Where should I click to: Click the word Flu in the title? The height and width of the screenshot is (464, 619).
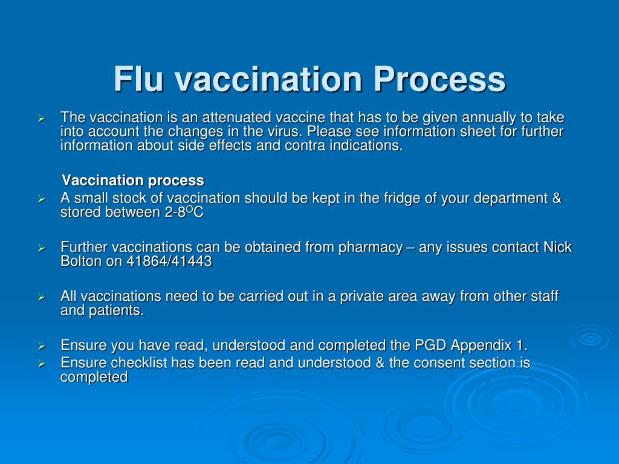coord(139,79)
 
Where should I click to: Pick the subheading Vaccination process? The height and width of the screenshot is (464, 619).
coord(134,180)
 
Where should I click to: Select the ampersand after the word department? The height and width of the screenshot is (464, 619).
coord(557,198)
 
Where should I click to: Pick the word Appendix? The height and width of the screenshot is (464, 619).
coord(480,346)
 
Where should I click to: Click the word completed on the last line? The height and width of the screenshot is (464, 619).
coord(94,378)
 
